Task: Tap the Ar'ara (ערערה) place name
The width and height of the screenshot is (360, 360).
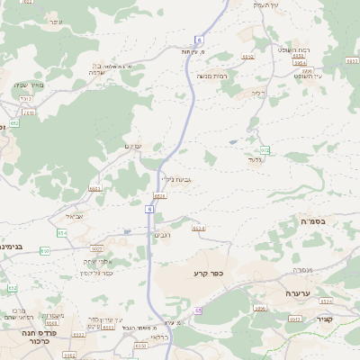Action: [297, 292]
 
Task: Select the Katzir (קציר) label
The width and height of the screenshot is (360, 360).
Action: [325, 318]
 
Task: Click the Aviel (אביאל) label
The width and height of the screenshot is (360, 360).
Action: [74, 217]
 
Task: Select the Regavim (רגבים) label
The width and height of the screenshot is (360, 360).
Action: [163, 235]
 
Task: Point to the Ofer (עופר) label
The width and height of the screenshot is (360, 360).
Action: [55, 21]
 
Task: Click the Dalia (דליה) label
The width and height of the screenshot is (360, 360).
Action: [259, 93]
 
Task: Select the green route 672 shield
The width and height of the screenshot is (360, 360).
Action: [265, 150]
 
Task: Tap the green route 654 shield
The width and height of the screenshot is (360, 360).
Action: [61, 232]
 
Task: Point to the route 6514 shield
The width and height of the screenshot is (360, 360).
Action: [198, 229]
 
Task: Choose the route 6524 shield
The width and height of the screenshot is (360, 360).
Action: [159, 195]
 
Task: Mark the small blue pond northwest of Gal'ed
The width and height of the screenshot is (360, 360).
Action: [233, 141]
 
